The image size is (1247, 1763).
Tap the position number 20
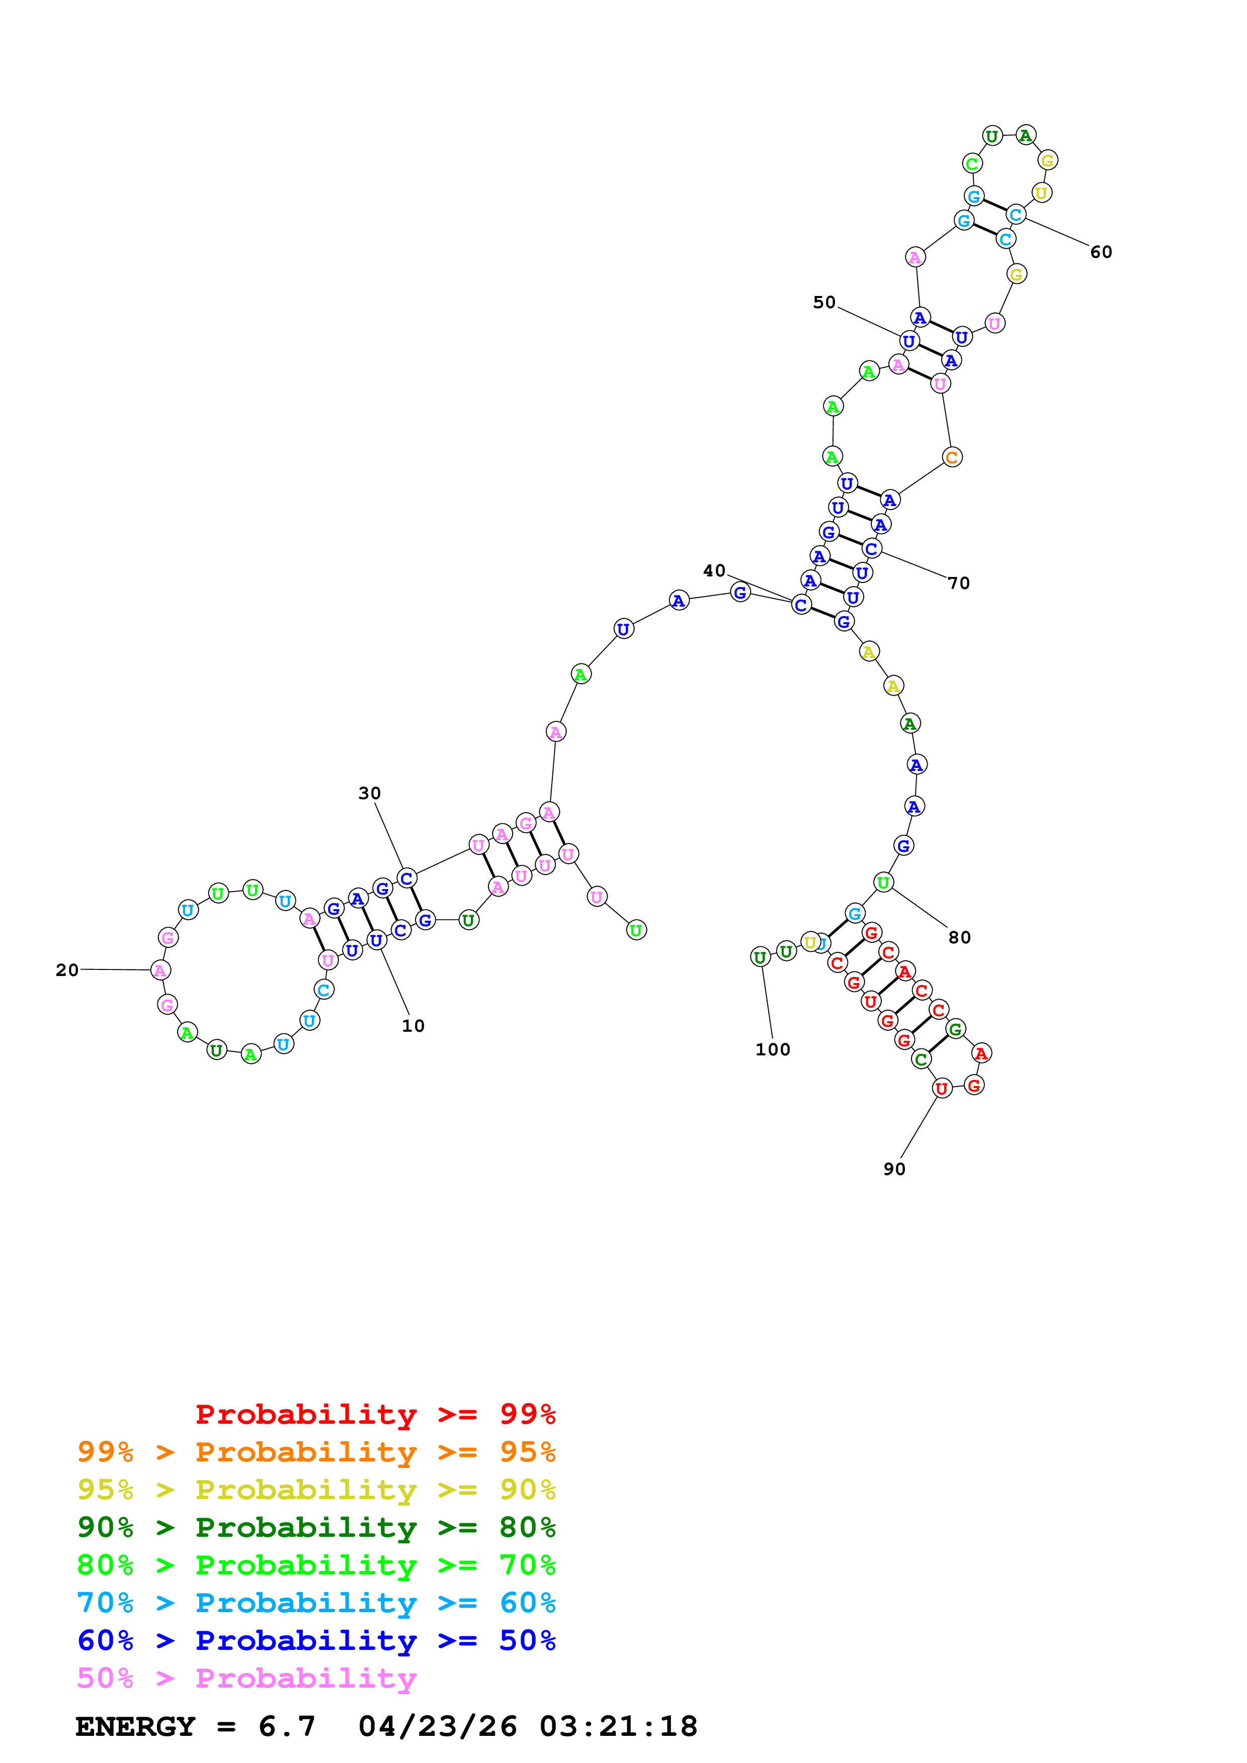click(67, 970)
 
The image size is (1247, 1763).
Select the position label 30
click(370, 793)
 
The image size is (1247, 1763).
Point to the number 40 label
click(714, 570)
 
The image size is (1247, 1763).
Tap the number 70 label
click(958, 583)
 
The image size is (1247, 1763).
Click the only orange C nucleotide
click(951, 458)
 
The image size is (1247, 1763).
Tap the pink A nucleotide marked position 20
click(160, 970)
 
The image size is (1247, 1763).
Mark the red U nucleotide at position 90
click(941, 1088)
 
